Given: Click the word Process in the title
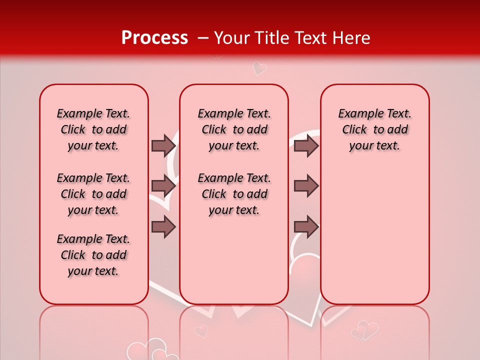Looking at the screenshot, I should pyautogui.click(x=154, y=38).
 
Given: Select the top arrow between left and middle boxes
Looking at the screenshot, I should pyautogui.click(x=163, y=145).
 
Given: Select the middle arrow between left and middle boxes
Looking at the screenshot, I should pyautogui.click(x=163, y=186).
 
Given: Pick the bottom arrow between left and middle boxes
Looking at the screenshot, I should pyautogui.click(x=163, y=227).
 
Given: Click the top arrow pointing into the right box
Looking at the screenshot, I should pyautogui.click(x=306, y=145).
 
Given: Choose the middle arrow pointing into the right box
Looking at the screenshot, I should pyautogui.click(x=306, y=186).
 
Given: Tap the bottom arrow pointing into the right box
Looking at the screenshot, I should pyautogui.click(x=306, y=227).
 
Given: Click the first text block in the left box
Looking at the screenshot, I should pyautogui.click(x=93, y=129).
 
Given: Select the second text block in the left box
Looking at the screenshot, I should pyautogui.click(x=93, y=194).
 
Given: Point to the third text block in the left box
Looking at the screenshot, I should pyautogui.click(x=93, y=255).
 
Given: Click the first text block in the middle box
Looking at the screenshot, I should pyautogui.click(x=234, y=129).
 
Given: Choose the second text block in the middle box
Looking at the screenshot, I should pyautogui.click(x=234, y=194).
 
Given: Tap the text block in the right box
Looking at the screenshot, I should pyautogui.click(x=374, y=129).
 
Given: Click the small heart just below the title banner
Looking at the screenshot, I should pyautogui.click(x=259, y=68).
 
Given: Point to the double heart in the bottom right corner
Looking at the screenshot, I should pyautogui.click(x=365, y=330).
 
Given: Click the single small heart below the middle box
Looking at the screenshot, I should pyautogui.click(x=201, y=330).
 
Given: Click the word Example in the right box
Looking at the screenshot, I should pyautogui.click(x=358, y=114).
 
